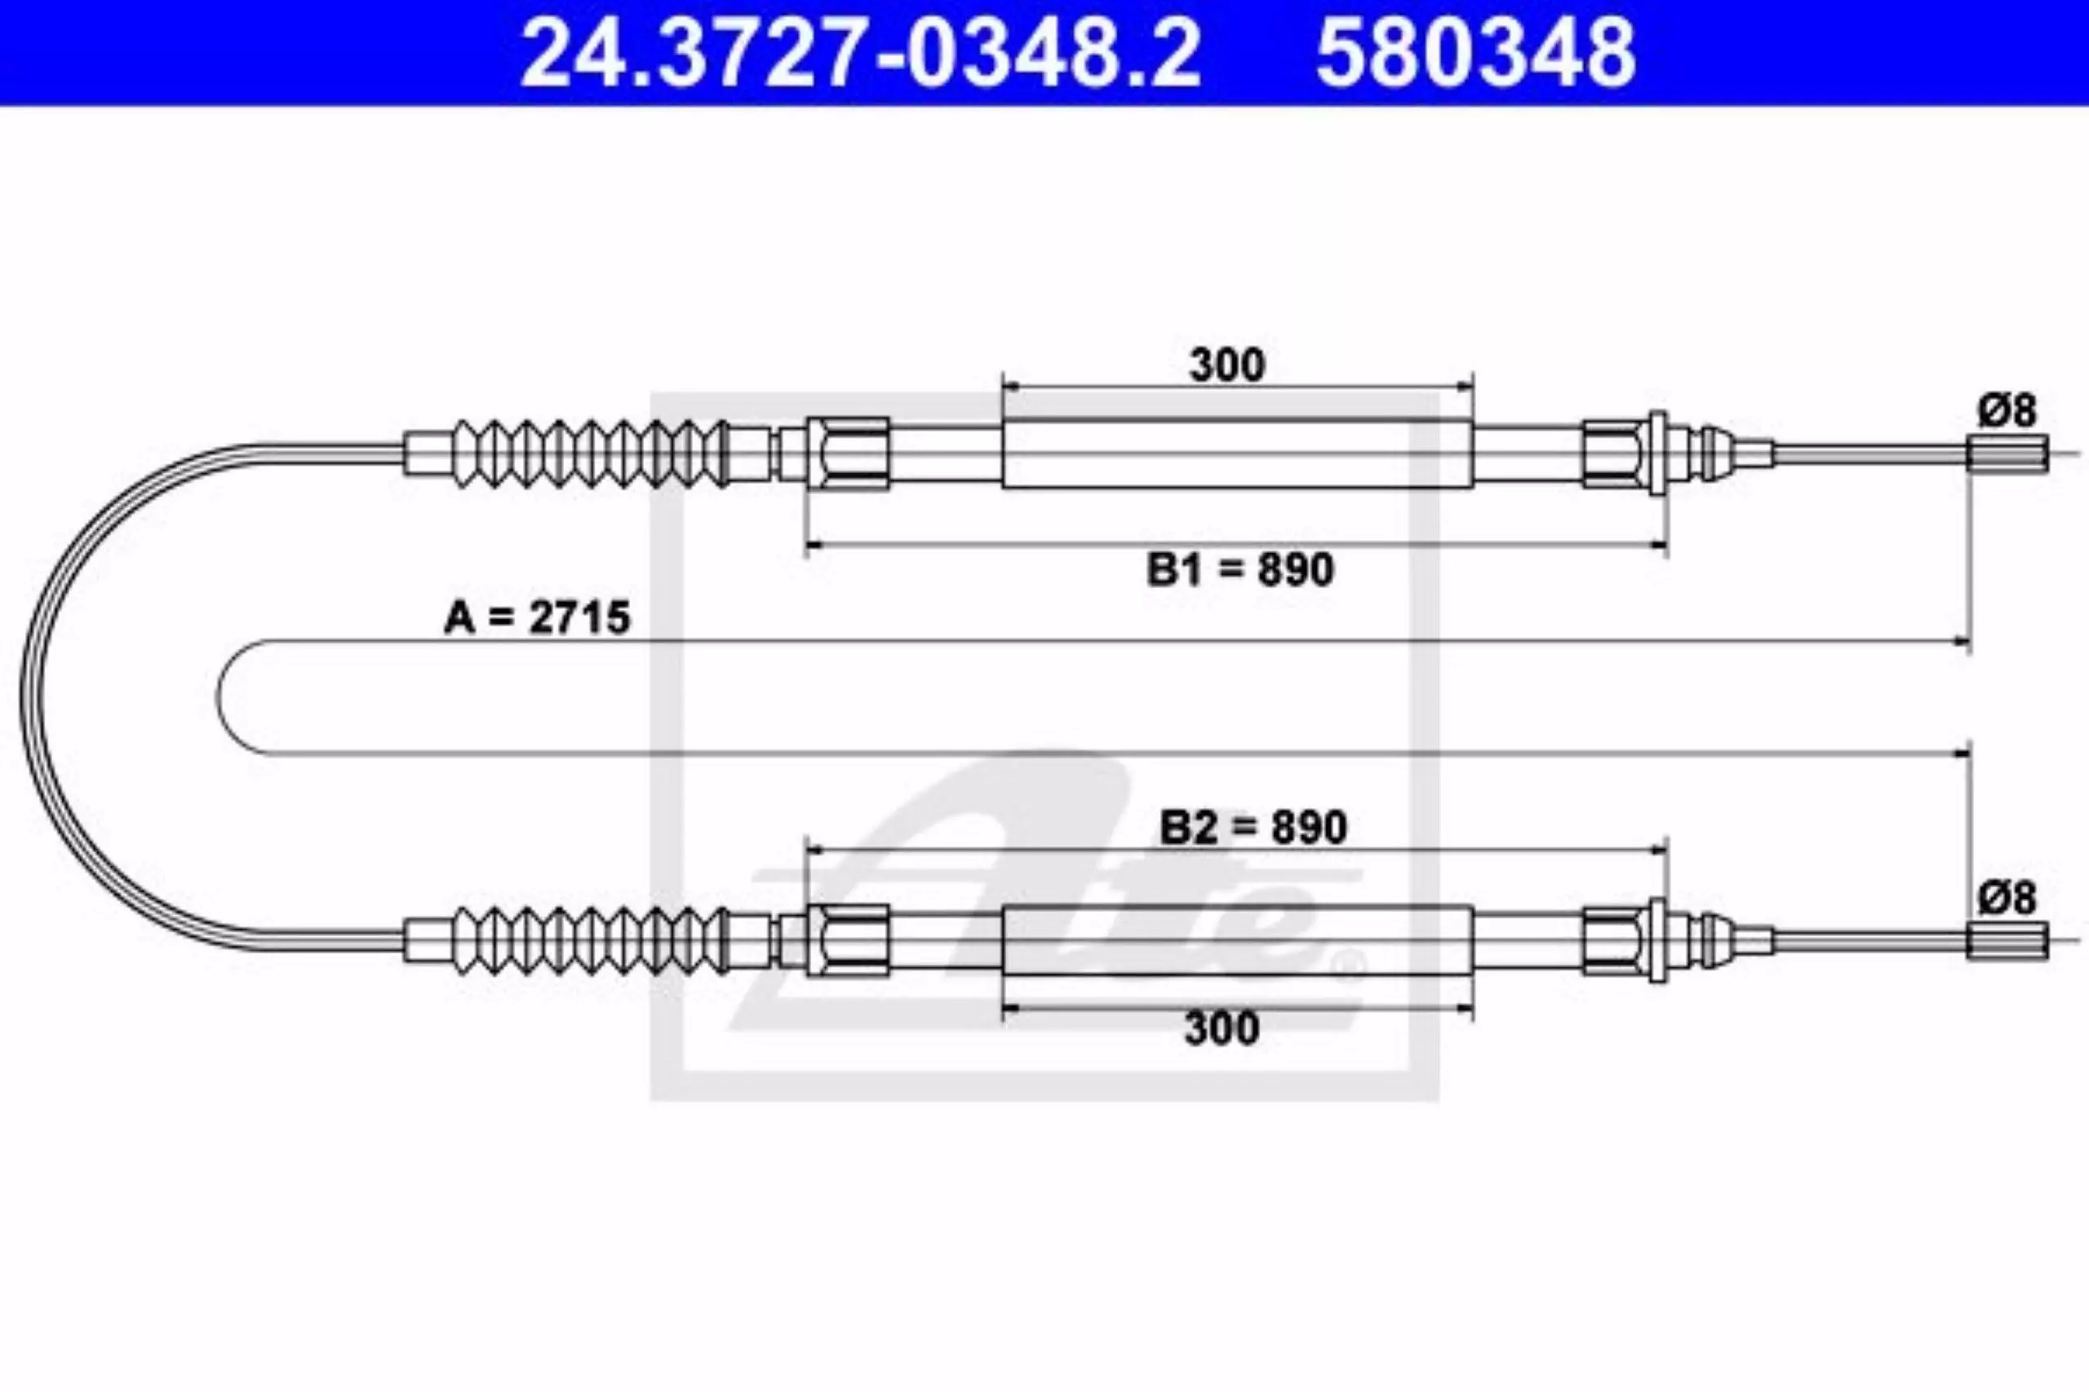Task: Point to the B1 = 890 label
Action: [x=1240, y=569]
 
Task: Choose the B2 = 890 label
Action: [x=1253, y=827]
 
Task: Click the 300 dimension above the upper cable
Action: [x=1226, y=365]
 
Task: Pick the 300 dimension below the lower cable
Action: [x=1222, y=1028]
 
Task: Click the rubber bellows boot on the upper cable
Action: [x=591, y=453]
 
